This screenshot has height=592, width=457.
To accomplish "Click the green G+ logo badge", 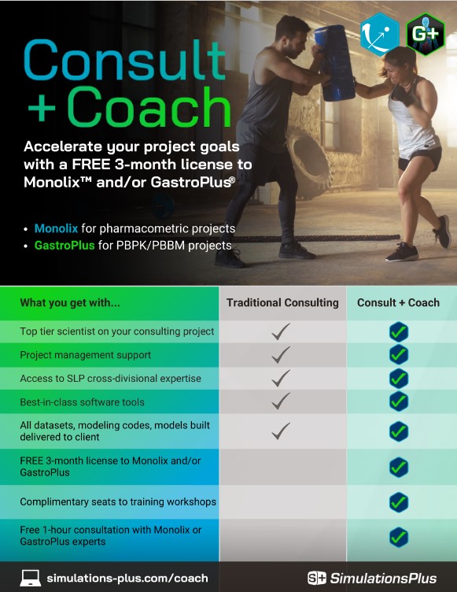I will [x=426, y=33].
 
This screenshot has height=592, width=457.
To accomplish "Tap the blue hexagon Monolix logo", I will [x=381, y=34].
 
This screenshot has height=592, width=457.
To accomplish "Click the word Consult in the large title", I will [x=115, y=60].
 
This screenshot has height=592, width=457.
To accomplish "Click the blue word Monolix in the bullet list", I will [x=56, y=228].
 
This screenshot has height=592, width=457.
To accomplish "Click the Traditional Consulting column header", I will [x=282, y=302].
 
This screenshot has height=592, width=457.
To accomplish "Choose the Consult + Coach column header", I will [x=398, y=302].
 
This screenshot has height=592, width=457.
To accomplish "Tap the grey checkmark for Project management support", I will [x=281, y=355].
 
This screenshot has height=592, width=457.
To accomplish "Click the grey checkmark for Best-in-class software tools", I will [x=281, y=401].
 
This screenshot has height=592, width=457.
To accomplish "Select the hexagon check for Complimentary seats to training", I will [x=399, y=501].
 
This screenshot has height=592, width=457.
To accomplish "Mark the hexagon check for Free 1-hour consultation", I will [x=399, y=537].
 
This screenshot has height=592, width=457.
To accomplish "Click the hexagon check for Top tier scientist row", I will [x=399, y=331].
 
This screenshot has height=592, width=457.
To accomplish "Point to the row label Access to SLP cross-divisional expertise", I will [x=110, y=379].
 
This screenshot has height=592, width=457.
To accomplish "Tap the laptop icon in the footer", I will [x=30, y=578].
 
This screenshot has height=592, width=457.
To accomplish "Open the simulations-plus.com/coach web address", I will [x=127, y=578].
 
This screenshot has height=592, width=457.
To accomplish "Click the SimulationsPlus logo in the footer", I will [x=371, y=578].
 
